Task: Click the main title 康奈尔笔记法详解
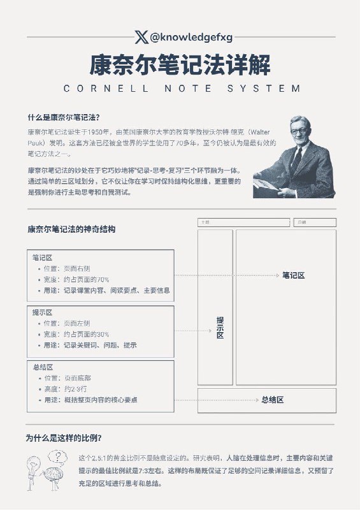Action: (180, 64)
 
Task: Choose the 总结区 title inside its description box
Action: (42, 368)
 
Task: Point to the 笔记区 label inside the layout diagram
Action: (294, 275)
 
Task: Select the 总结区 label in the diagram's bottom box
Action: (272, 400)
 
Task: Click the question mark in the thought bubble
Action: (59, 456)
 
